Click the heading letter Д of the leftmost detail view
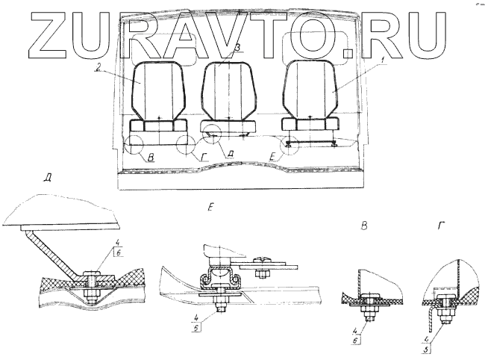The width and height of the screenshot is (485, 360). point(47,179)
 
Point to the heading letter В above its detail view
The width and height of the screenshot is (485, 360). point(364,225)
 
